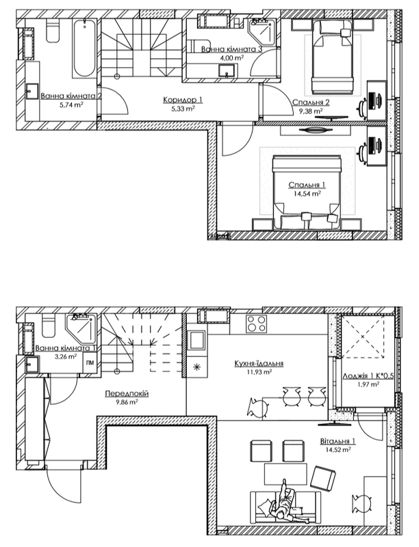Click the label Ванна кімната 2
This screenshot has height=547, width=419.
click(x=71, y=96)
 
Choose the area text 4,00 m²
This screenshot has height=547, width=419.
click(x=227, y=58)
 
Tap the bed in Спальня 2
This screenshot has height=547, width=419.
click(x=331, y=59)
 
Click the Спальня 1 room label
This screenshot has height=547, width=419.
click(x=305, y=185)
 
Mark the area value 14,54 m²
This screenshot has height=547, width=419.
click(x=305, y=194)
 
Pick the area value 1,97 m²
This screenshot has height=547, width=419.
click(x=364, y=385)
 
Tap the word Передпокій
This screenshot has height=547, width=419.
click(x=127, y=395)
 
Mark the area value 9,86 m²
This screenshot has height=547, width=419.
click(x=127, y=403)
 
